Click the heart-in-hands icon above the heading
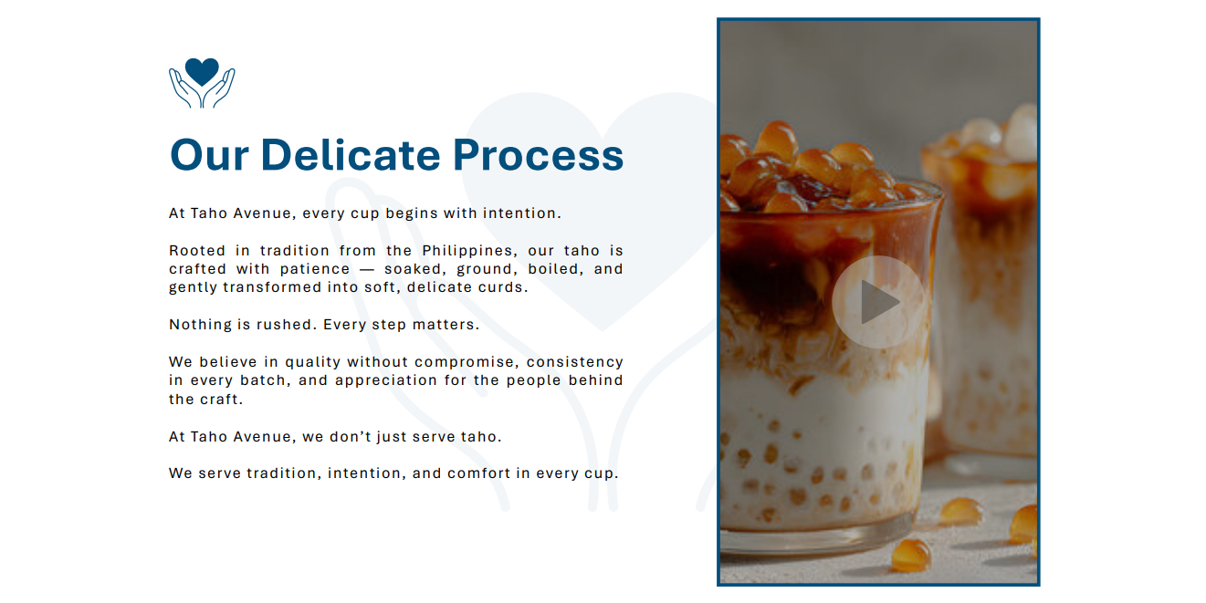[x=202, y=83]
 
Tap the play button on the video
[x=878, y=302]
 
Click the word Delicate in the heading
[x=351, y=155]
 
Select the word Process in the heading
[x=538, y=155]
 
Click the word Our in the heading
[x=209, y=155]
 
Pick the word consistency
[x=575, y=362]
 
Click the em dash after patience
[x=367, y=269]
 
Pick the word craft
[x=222, y=400]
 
